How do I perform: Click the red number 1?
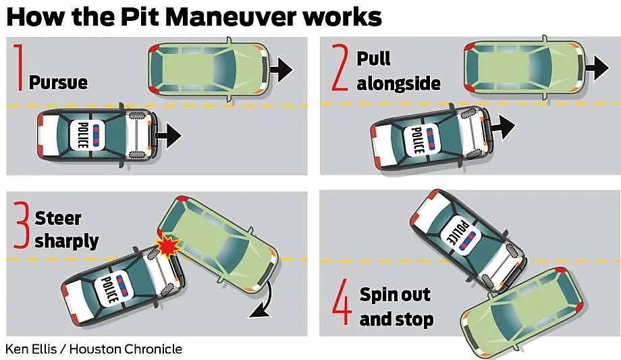pos(17,68)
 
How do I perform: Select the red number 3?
pos(22,228)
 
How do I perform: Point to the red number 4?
pos(342,306)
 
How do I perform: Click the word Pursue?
pos(58,82)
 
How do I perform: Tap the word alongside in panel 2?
pos(398,83)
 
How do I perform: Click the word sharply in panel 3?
pos(66,240)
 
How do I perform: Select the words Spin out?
pos(394,294)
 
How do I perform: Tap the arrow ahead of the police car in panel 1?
pos(169,136)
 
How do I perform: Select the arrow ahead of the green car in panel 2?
pos(597,66)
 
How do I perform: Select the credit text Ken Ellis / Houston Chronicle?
pos(94,349)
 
